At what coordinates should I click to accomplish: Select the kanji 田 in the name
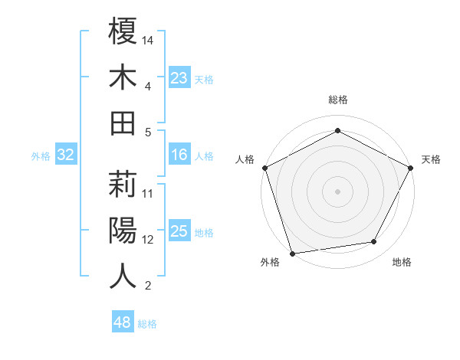point(123,123)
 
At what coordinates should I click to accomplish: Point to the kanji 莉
point(123,184)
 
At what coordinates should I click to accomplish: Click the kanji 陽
point(123,230)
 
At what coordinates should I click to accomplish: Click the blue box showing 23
point(179,78)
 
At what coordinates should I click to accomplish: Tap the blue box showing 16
point(179,155)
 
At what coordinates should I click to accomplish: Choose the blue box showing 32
point(66,155)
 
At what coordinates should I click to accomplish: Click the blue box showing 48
point(123,322)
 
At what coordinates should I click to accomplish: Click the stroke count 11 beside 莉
point(149,193)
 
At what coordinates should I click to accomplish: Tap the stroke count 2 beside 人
point(149,286)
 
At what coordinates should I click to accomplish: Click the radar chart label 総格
point(337,100)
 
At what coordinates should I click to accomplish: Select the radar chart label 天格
point(431,159)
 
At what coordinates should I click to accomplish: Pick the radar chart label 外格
point(270,262)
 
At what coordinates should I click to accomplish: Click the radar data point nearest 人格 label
point(264,167)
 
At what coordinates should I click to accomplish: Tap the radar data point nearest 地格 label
point(374,242)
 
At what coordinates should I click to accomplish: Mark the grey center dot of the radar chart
point(337,191)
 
